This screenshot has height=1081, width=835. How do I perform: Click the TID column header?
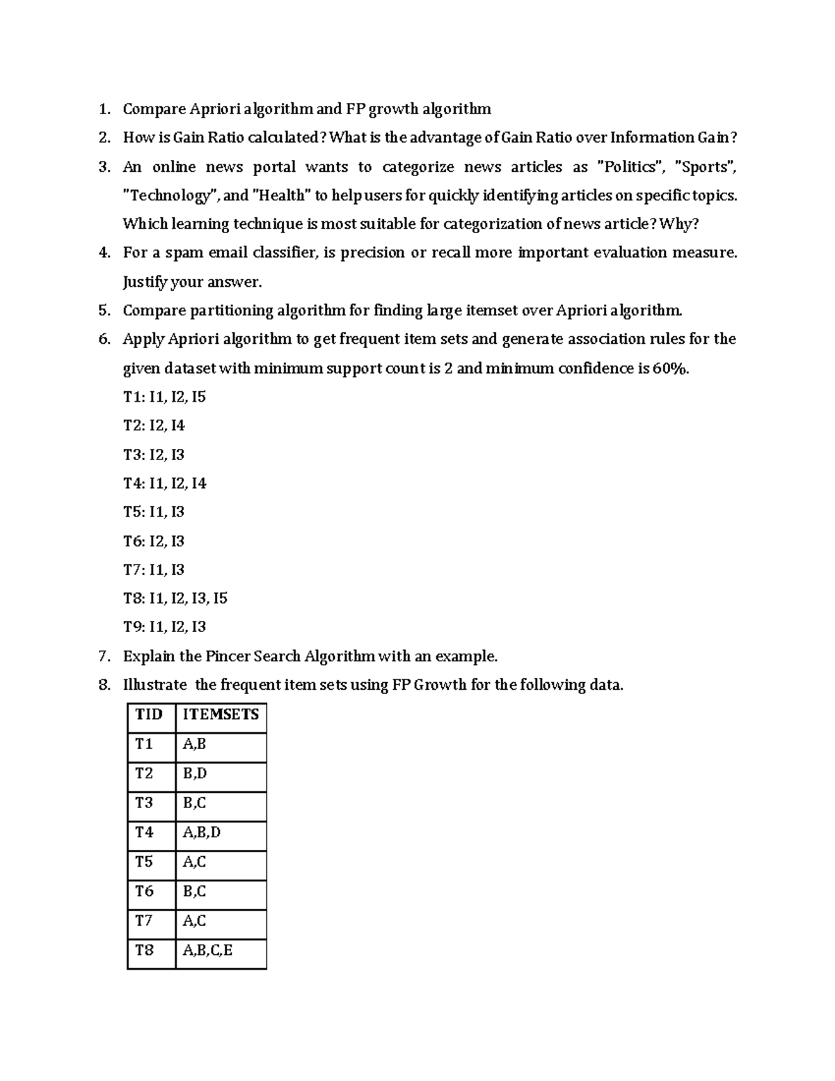149,714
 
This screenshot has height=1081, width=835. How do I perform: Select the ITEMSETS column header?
220,714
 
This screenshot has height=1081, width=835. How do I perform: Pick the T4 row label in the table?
144,832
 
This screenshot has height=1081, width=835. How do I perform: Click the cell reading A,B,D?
201,832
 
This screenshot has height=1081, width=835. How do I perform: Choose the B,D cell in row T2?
195,773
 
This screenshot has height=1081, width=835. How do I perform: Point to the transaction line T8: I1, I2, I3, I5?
175,598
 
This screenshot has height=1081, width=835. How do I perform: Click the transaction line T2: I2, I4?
154,425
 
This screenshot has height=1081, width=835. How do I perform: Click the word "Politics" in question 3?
630,167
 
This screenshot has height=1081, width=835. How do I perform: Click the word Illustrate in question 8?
154,685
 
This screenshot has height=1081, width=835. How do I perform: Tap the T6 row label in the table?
144,891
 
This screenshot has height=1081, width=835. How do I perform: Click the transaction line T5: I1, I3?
154,512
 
